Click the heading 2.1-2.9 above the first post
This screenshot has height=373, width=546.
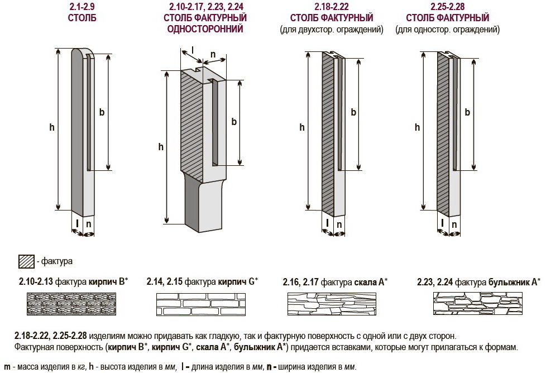(82, 7)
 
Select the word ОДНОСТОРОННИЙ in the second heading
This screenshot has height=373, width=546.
(205, 29)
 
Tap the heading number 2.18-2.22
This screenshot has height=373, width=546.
(332, 7)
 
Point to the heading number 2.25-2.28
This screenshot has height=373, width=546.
(448, 7)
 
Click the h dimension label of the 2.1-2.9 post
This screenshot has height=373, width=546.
(52, 127)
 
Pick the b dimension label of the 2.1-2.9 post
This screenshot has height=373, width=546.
(102, 112)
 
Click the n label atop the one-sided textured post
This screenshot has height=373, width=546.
(213, 54)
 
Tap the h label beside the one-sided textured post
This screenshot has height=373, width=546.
(161, 147)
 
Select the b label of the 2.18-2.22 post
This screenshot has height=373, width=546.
(353, 112)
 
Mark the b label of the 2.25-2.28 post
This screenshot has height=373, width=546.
(467, 112)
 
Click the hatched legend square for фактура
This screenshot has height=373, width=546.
(26, 261)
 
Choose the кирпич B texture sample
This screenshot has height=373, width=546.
(71, 304)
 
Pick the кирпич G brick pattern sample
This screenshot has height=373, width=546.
(201, 304)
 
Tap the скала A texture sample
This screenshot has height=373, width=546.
(332, 304)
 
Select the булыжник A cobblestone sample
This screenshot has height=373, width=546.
(478, 304)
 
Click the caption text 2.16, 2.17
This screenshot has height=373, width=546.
(300, 282)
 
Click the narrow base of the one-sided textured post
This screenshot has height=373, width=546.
(202, 202)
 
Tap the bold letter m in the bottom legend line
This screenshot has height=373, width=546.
(7, 367)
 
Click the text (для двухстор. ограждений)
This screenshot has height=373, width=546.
(332, 30)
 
